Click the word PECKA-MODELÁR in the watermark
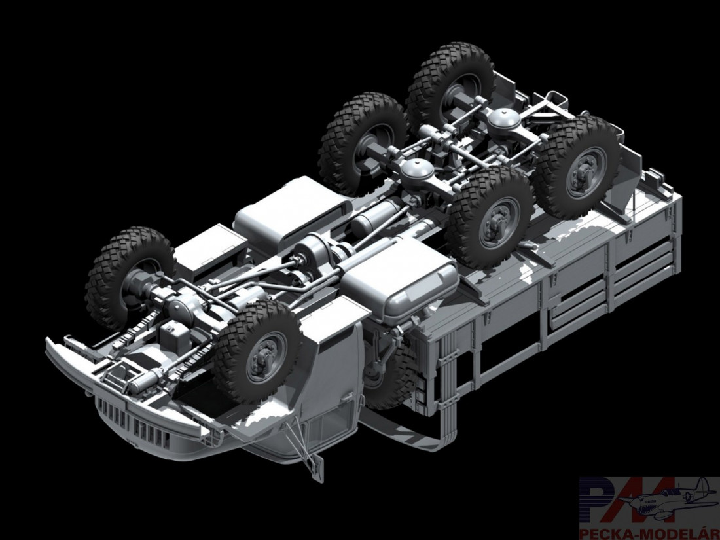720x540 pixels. [x=649, y=533]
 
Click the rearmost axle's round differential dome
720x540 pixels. [x=503, y=120]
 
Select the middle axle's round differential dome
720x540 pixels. [x=417, y=171]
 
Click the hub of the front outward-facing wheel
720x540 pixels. [x=266, y=356]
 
